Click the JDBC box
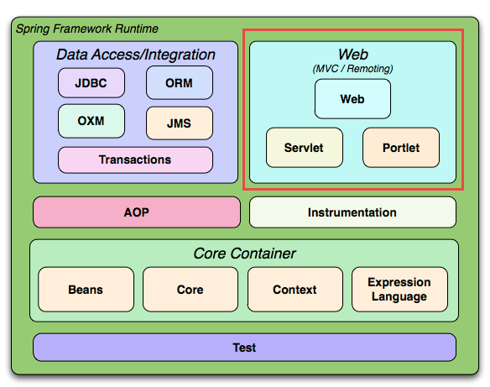point(91,83)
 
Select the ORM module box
point(180,82)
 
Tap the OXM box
point(91,121)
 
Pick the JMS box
point(180,123)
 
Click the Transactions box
point(135,160)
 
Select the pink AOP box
point(137,212)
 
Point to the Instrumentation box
point(352,212)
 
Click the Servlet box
point(305,148)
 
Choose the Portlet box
point(401,148)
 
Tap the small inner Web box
point(352,99)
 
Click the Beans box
point(86,289)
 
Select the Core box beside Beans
point(190,289)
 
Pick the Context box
point(295,289)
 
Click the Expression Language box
point(399,289)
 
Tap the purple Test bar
point(244,348)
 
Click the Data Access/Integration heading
point(136,55)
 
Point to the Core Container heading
point(244,254)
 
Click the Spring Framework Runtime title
point(87,29)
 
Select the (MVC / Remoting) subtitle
point(352,69)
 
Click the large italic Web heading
point(353,55)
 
